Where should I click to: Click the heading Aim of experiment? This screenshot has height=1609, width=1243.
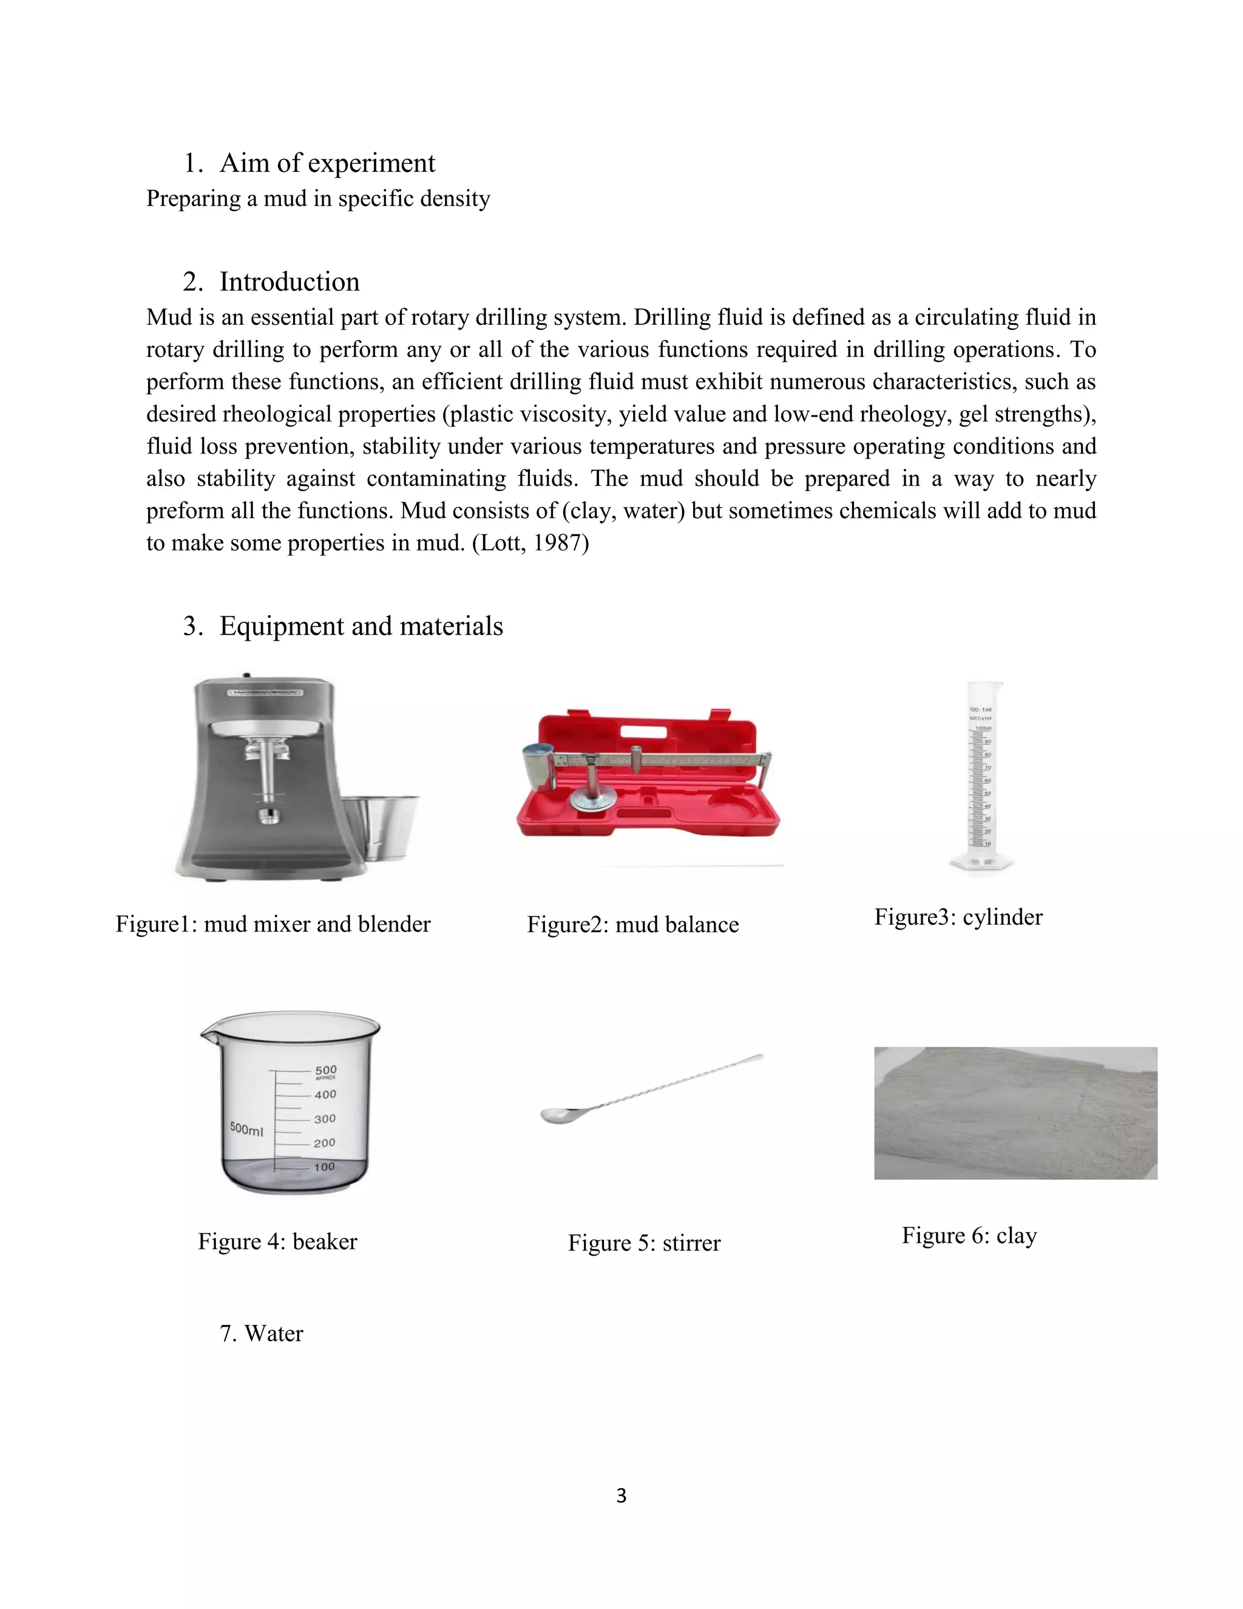coord(327,163)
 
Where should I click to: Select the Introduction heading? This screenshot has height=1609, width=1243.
coord(289,282)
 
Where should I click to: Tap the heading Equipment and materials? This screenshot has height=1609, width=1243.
coord(361,625)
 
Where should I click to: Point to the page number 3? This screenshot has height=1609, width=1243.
coord(621,1495)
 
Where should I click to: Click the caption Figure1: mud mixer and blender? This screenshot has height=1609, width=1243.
coord(273,924)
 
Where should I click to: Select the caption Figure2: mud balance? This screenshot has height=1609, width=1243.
coord(632,925)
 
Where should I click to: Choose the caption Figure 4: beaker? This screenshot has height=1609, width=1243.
coord(277,1242)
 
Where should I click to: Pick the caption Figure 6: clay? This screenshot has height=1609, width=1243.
coord(969,1235)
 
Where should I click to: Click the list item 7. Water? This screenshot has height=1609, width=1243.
coord(262,1333)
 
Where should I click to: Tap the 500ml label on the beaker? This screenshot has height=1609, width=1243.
coord(246,1129)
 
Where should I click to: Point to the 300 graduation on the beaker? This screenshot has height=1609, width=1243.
coord(325,1118)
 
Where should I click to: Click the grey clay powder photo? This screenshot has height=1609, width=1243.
coord(1015,1112)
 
